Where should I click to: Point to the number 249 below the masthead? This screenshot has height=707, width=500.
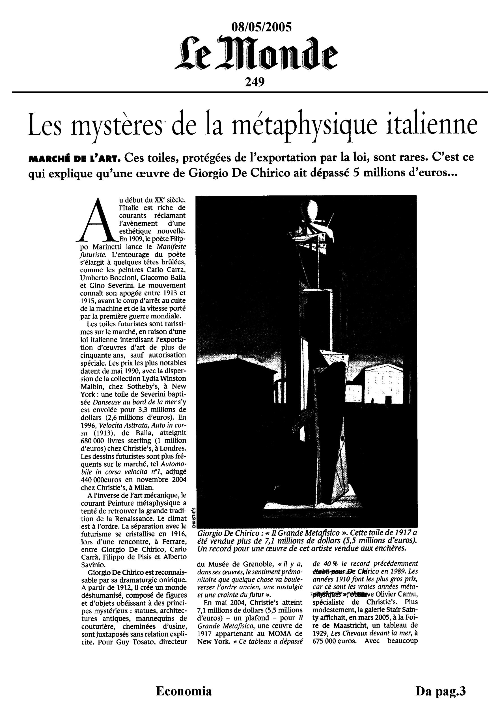[x=255, y=82]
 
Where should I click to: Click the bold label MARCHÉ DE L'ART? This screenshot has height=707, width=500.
[x=74, y=159]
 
